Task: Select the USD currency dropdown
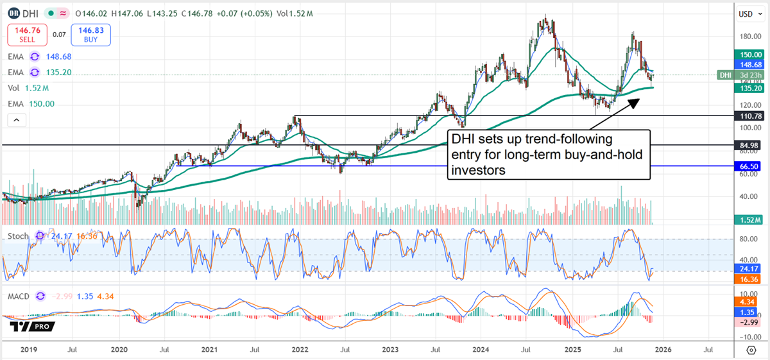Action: pyautogui.click(x=746, y=13)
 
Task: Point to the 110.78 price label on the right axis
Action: pyautogui.click(x=748, y=116)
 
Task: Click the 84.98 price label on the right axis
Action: pyautogui.click(x=748, y=145)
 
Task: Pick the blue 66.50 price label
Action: pyautogui.click(x=748, y=166)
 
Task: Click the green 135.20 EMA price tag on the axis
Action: pyautogui.click(x=748, y=89)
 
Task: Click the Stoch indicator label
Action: pyautogui.click(x=18, y=236)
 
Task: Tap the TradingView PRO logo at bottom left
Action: pyautogui.click(x=31, y=326)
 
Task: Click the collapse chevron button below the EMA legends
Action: pyautogui.click(x=17, y=120)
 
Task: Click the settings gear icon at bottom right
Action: pyautogui.click(x=751, y=350)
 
